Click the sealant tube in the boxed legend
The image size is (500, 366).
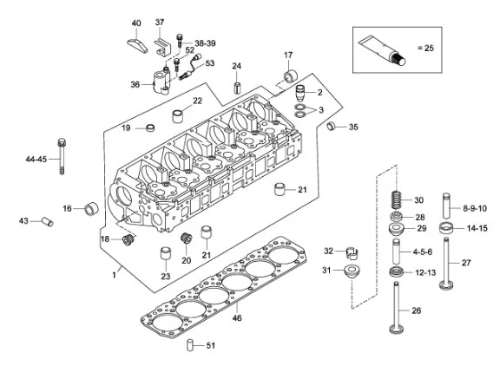click(x=382, y=50)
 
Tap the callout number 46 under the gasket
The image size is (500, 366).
click(x=237, y=317)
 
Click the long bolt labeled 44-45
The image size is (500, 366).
click(x=62, y=156)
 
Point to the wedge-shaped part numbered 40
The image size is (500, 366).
click(x=137, y=46)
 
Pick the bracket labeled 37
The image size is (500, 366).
click(x=163, y=47)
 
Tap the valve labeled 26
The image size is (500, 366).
click(x=397, y=307)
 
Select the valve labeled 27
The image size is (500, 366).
click(x=446, y=264)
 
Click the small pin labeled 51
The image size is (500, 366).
click(x=190, y=345)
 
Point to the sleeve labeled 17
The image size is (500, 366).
click(x=291, y=76)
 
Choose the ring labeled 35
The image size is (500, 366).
click(x=332, y=126)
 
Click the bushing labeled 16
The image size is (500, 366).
click(x=91, y=208)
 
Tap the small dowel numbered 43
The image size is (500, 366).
click(x=48, y=221)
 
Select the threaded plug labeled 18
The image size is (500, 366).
click(x=128, y=240)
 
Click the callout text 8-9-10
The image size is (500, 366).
click(x=475, y=208)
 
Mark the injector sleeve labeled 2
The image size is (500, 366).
click(x=300, y=93)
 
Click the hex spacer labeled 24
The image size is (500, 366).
click(x=237, y=88)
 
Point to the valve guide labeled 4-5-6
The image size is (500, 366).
click(x=397, y=252)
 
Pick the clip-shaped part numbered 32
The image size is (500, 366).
click(x=352, y=252)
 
